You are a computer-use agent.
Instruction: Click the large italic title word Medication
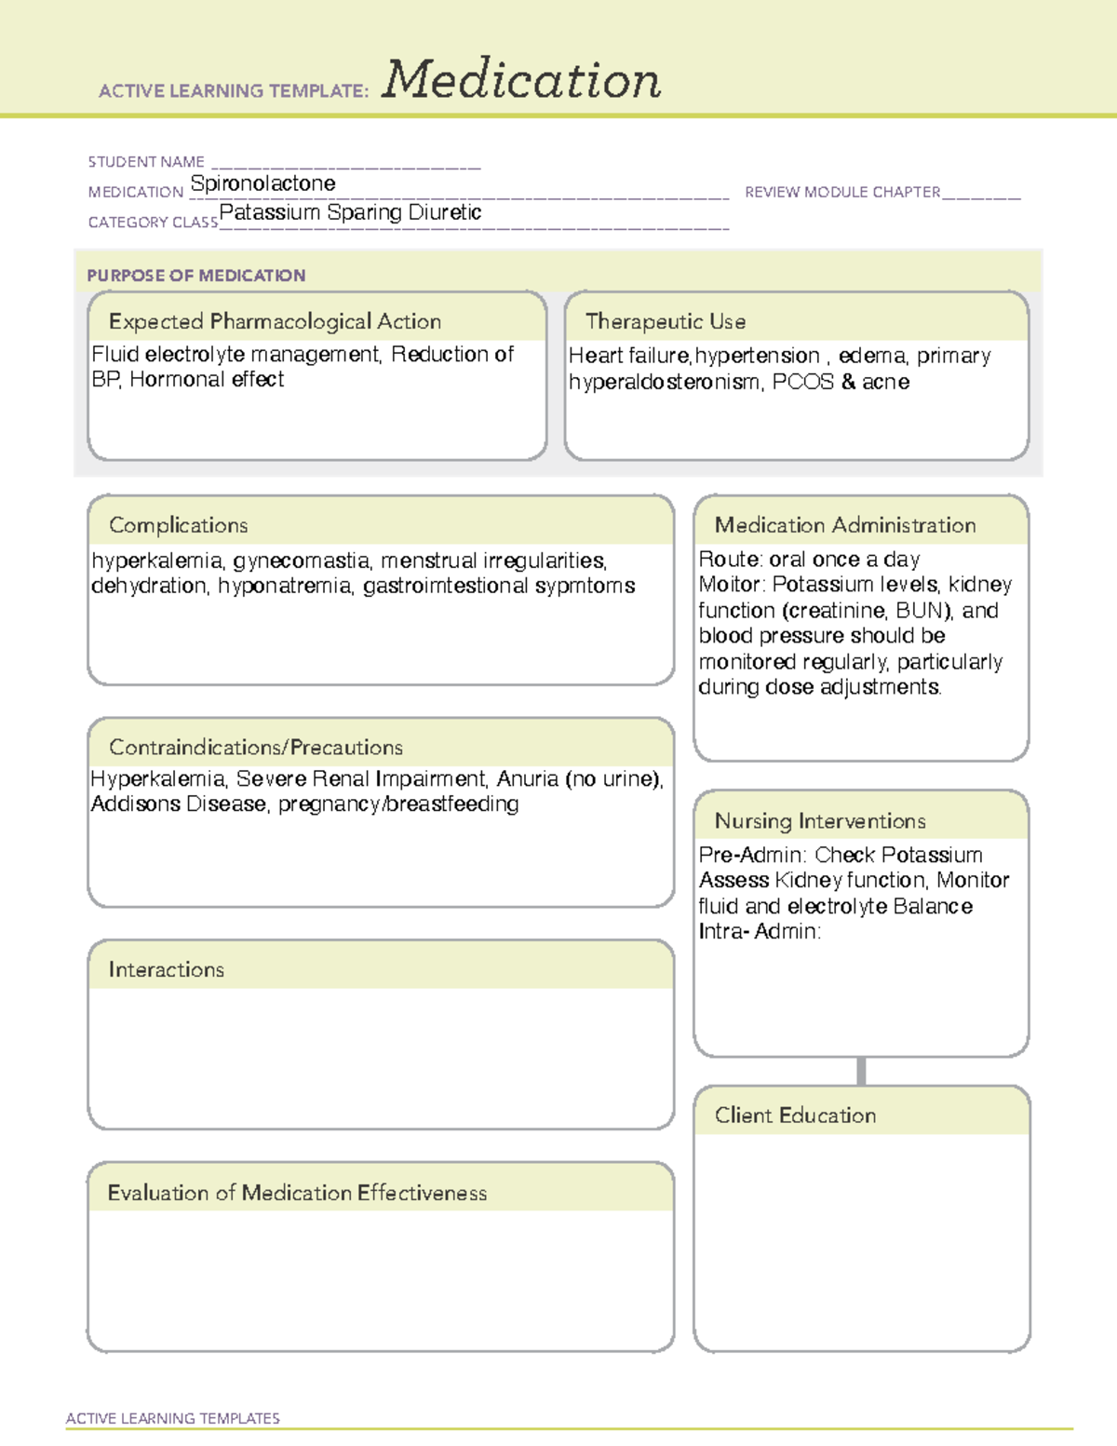(x=521, y=80)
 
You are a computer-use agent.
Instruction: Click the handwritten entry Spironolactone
(x=262, y=183)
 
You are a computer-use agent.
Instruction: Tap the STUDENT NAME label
(x=146, y=162)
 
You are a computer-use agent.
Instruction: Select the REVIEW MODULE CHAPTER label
(x=842, y=192)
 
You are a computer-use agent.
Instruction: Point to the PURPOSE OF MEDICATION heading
(x=195, y=276)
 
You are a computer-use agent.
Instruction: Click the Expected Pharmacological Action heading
(x=275, y=321)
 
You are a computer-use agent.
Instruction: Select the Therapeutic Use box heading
(x=666, y=321)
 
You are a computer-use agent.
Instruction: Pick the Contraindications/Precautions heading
(x=256, y=748)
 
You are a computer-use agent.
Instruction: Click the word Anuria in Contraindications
(x=527, y=778)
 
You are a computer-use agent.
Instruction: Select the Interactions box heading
(x=166, y=970)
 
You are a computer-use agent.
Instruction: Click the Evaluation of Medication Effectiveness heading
(x=297, y=1193)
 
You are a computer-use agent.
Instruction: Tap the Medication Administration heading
(x=845, y=525)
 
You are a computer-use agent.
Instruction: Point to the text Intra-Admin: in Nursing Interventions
(x=760, y=931)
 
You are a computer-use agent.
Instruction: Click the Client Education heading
(x=795, y=1115)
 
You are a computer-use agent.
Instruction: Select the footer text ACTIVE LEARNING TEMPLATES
(x=173, y=1418)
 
